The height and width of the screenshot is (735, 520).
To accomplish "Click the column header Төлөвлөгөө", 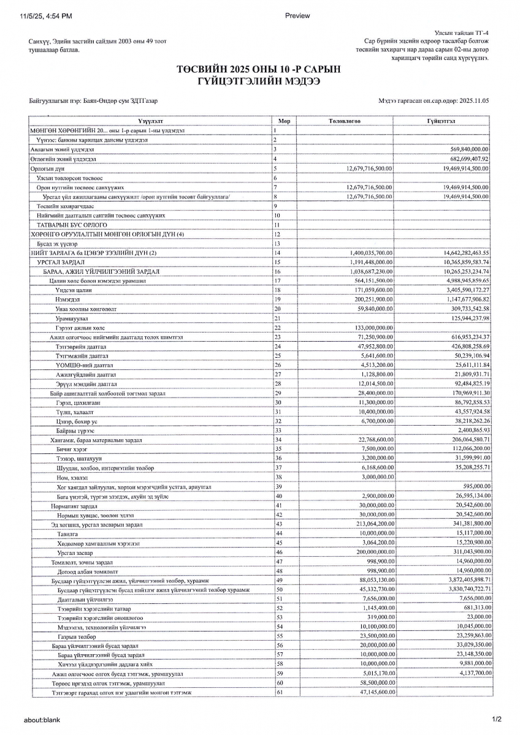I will click(345, 121).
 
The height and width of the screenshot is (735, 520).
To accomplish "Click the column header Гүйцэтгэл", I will click(442, 121).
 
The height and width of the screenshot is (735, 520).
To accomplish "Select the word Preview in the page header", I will click(297, 16).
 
